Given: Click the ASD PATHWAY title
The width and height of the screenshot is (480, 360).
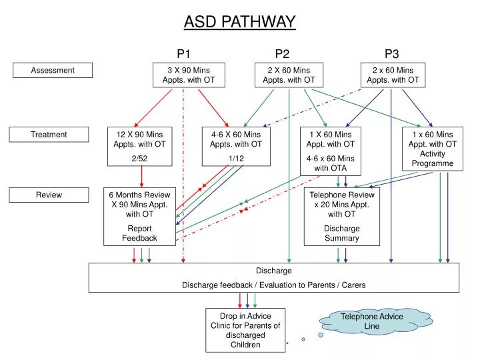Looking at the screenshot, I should point(239,22).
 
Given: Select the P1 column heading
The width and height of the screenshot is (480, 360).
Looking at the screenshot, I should point(184,54).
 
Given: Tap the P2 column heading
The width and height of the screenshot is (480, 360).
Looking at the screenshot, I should point(282,54).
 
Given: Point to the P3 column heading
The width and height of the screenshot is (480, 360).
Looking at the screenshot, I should point(392,54).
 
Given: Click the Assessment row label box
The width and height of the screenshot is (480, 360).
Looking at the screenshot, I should point(53,70).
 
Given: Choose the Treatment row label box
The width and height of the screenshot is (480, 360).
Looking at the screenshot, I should point(49,135).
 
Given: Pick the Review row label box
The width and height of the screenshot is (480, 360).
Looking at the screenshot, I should point(49,195).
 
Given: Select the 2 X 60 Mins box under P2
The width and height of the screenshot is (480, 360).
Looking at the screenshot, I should point(289,75).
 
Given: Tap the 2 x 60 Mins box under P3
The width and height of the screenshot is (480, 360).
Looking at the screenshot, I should point(393,75).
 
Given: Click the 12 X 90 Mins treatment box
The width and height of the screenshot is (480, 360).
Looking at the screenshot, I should point(140,146).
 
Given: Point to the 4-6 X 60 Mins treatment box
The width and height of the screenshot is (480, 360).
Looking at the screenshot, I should point(236,146).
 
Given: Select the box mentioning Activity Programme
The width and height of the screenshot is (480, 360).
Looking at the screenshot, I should point(432,149).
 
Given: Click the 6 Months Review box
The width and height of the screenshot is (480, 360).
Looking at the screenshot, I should point(140,216).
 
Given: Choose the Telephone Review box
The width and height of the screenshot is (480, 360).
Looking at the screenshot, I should point(342,216).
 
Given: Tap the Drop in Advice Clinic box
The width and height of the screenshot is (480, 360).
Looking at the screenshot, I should point(245,330).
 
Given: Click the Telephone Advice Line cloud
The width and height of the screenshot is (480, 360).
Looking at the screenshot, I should point(372,321).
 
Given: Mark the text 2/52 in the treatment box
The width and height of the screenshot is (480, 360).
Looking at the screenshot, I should point(140,158).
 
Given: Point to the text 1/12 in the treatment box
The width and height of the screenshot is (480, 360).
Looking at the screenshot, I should point(236,158).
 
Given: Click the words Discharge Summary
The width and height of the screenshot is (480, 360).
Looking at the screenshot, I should point(342,233).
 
